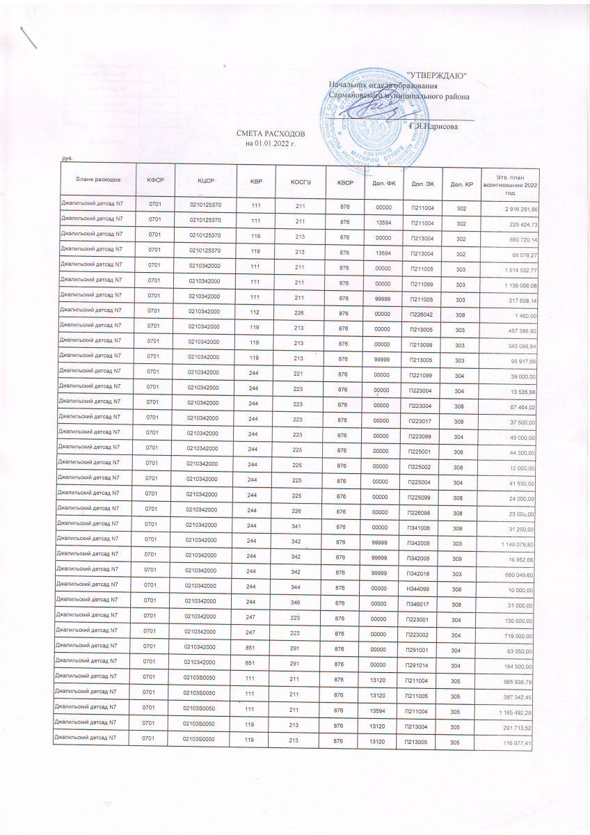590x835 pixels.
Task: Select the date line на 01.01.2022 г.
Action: (x=271, y=143)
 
